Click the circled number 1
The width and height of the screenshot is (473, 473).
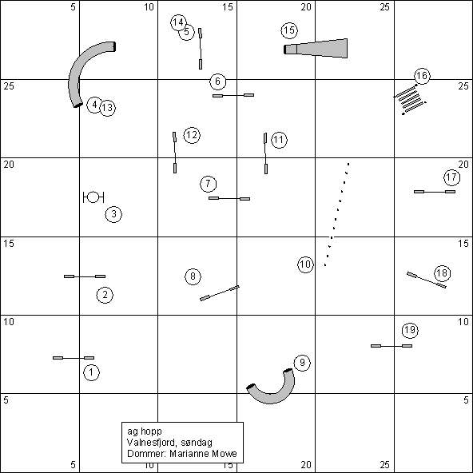(91, 372)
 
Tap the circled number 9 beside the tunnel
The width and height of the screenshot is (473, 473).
(302, 363)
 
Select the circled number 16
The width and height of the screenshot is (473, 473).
(422, 76)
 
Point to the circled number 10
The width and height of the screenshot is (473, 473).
(305, 264)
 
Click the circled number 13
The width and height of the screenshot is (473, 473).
(107, 108)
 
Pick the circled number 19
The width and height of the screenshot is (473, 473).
(410, 330)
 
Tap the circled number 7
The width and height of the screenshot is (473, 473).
(209, 184)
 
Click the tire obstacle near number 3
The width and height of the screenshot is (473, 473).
(93, 197)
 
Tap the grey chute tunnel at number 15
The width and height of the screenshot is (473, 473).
(316, 48)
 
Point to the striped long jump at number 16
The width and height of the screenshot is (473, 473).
(410, 100)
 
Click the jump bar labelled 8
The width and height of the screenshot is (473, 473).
(220, 293)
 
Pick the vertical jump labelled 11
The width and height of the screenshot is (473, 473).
(265, 153)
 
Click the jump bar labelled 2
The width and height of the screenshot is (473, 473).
(85, 276)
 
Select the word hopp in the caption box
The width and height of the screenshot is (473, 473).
(153, 431)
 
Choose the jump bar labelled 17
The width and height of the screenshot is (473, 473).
(435, 192)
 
